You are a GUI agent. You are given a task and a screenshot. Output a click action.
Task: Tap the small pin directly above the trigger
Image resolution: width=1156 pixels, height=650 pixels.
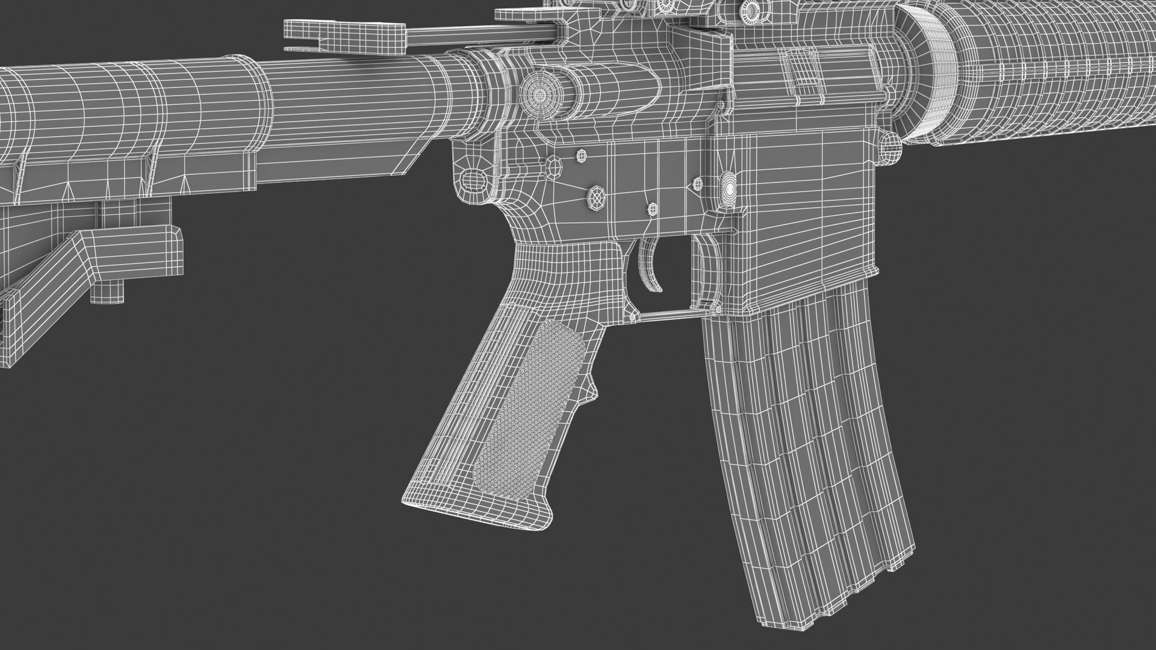pos(653,208)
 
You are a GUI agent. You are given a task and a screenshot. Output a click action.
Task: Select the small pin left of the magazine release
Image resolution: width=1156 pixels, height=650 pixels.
pos(698,182)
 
